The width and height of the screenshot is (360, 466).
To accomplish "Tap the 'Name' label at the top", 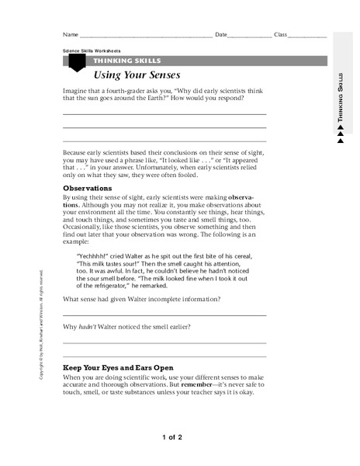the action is [x=70, y=35].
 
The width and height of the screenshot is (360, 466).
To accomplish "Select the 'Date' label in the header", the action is [x=221, y=35].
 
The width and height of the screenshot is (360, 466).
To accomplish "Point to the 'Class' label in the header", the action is [x=281, y=35].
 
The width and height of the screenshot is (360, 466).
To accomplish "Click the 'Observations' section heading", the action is [x=87, y=188].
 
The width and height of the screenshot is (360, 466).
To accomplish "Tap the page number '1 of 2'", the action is [x=172, y=438].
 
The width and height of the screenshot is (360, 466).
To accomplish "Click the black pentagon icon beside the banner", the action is [x=76, y=63].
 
